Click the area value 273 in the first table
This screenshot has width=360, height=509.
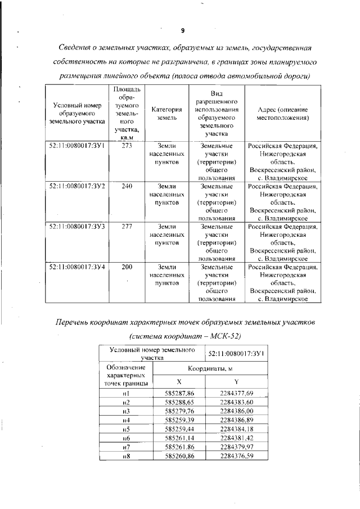[127, 146]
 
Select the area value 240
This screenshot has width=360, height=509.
[127, 186]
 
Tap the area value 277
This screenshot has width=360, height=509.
[127, 226]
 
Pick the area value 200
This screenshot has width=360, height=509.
[127, 267]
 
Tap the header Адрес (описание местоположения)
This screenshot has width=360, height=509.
[282, 114]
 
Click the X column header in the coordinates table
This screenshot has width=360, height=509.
[179, 381]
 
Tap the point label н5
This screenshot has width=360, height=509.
[126, 429]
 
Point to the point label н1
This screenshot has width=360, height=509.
[126, 393]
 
